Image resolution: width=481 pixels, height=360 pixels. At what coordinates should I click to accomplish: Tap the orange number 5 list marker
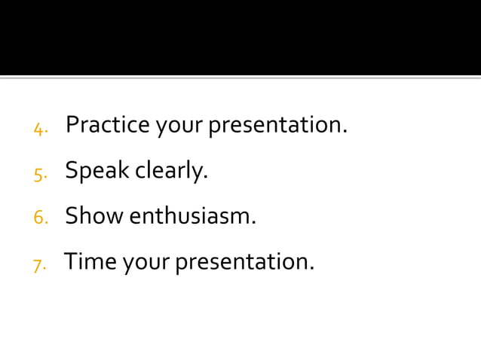tap(39, 175)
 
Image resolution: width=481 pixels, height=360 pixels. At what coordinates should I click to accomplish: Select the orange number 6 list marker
tap(40, 218)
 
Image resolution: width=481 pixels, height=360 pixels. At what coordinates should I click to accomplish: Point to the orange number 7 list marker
tap(38, 265)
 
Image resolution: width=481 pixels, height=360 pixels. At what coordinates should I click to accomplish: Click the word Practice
tap(108, 125)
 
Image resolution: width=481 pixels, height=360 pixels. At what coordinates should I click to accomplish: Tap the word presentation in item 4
tap(277, 126)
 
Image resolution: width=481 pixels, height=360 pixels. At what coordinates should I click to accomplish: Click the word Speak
tap(97, 172)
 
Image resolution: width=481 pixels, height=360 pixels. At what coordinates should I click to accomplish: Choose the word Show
tap(94, 217)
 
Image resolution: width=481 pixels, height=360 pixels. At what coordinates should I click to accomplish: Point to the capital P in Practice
tap(72, 124)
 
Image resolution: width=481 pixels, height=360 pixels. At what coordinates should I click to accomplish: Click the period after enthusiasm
tap(254, 223)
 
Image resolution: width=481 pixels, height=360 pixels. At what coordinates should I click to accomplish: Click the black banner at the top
tap(240, 37)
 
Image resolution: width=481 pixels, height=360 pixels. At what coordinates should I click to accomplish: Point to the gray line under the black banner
tap(240, 77)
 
